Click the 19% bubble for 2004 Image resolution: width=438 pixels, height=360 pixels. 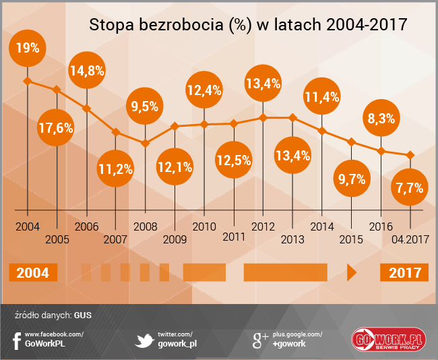(x=28, y=48)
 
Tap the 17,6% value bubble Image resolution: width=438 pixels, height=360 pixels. (x=56, y=128)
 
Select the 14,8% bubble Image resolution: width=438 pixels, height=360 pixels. (x=87, y=72)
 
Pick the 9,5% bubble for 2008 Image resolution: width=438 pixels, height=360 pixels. (x=145, y=106)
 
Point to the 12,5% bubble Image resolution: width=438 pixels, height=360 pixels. (x=234, y=160)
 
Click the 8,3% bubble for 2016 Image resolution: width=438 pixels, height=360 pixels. (x=381, y=118)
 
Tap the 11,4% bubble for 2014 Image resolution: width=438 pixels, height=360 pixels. (x=321, y=96)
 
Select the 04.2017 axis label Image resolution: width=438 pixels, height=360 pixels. (x=410, y=238)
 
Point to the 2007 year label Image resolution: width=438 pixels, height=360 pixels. (x=116, y=238)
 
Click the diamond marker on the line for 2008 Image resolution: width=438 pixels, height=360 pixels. (x=145, y=143)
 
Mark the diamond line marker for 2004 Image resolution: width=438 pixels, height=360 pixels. (x=28, y=82)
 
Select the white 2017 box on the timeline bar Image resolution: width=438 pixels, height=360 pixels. (x=404, y=273)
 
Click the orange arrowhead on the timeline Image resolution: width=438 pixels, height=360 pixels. (x=350, y=273)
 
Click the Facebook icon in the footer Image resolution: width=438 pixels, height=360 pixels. (x=16, y=340)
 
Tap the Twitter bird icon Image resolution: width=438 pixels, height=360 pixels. (x=143, y=340)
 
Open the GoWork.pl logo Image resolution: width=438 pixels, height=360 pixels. (x=387, y=340)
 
